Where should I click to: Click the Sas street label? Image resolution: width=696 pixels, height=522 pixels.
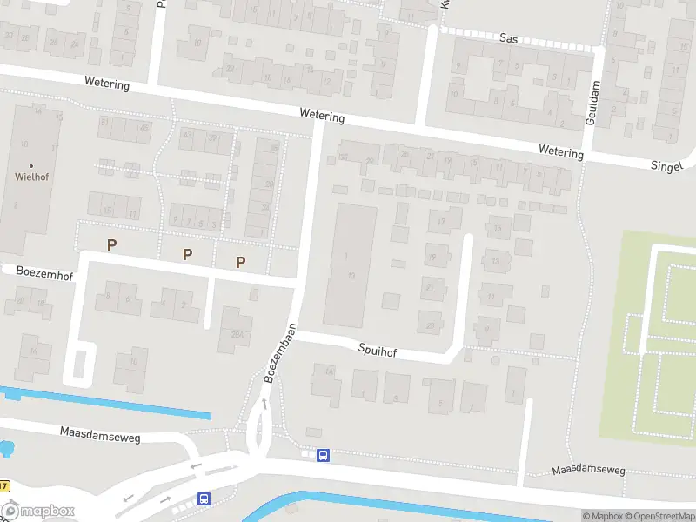click(509, 38)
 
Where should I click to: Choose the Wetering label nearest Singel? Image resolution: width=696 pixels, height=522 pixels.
click(560, 152)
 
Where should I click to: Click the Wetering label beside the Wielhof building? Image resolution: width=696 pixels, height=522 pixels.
click(107, 84)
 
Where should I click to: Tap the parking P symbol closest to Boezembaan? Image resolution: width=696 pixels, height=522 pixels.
click(241, 261)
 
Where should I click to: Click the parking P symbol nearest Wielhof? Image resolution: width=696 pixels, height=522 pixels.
click(111, 245)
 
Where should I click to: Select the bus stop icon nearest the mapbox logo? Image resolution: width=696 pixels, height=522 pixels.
click(204, 499)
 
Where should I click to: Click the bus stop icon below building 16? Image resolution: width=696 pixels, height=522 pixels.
click(323, 454)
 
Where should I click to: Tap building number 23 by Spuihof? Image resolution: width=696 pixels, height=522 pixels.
click(431, 325)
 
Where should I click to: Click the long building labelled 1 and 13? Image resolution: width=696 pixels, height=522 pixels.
click(350, 265)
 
